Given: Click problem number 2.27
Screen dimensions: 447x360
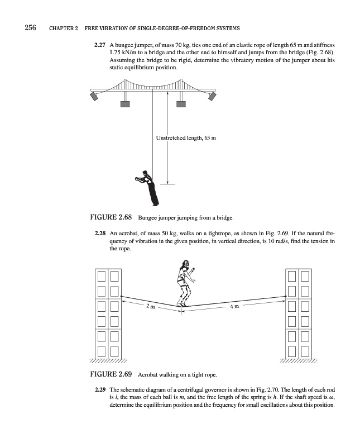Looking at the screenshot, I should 100,44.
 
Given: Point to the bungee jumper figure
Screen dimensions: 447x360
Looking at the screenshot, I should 147,187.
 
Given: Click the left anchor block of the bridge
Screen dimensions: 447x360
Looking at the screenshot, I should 95,97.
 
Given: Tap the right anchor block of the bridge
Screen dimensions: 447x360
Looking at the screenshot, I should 212,97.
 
